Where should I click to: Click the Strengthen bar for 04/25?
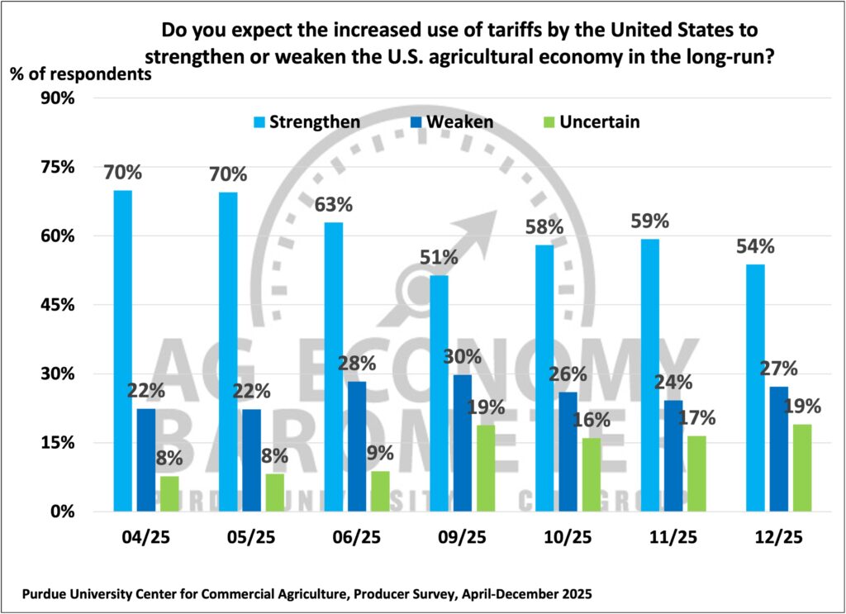pos(123,350)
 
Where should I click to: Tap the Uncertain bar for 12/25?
pos(801,467)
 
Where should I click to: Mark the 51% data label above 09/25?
pos(438,257)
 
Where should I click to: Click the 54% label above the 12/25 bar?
pos(754,246)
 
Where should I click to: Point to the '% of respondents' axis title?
pos(81,73)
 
